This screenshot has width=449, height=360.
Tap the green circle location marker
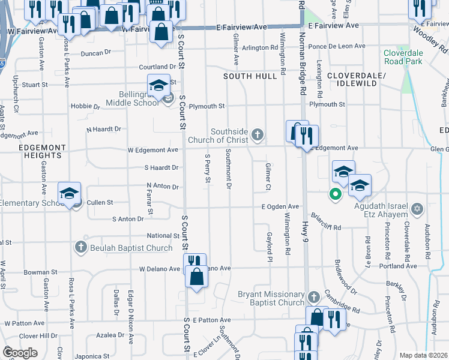[334, 194]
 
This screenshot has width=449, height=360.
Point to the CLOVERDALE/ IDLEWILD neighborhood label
[352, 79]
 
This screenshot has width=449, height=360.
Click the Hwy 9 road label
[306, 227]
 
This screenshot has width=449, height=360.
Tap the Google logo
[20, 353]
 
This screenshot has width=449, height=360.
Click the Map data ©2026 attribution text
[423, 355]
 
